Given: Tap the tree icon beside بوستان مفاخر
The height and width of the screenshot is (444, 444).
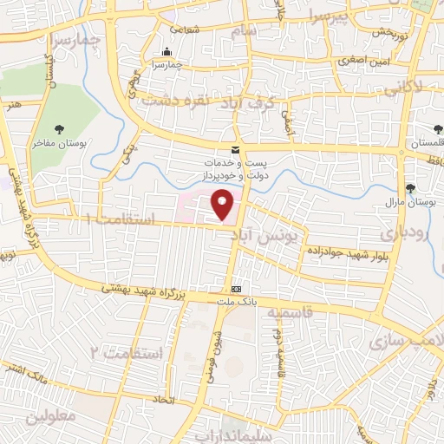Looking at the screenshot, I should (x=59, y=129).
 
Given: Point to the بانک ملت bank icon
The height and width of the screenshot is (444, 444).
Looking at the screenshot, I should (x=236, y=289).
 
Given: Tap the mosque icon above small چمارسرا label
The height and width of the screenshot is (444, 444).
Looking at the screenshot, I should (x=166, y=51).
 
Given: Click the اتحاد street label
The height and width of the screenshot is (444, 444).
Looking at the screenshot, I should (x=163, y=401).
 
